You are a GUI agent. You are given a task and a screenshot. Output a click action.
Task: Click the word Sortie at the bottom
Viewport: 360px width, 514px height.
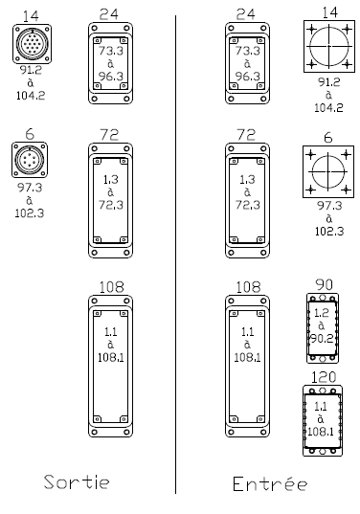pyautogui.click(x=77, y=481)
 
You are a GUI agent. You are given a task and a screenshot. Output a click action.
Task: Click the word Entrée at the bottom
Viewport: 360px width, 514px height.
pyautogui.click(x=270, y=483)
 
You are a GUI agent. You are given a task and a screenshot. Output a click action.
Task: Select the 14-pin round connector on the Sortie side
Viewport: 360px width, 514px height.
pyautogui.click(x=33, y=44)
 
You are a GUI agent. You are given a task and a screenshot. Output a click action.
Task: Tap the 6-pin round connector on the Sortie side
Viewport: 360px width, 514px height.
pyautogui.click(x=30, y=160)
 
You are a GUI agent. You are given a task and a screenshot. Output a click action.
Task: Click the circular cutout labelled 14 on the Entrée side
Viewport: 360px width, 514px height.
pyautogui.click(x=328, y=46)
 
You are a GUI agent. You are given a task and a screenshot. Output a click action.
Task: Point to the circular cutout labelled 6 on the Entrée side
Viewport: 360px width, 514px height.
pyautogui.click(x=328, y=171)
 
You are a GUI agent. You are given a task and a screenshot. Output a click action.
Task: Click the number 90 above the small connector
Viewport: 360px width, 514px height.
pyautogui.click(x=324, y=284)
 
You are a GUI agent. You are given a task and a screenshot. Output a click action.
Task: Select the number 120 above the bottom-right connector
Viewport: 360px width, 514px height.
pyautogui.click(x=324, y=377)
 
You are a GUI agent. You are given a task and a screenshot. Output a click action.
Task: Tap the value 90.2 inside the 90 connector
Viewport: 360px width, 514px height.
pyautogui.click(x=322, y=338)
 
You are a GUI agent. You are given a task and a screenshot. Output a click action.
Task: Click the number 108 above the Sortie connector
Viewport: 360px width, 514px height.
pyautogui.click(x=111, y=287)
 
